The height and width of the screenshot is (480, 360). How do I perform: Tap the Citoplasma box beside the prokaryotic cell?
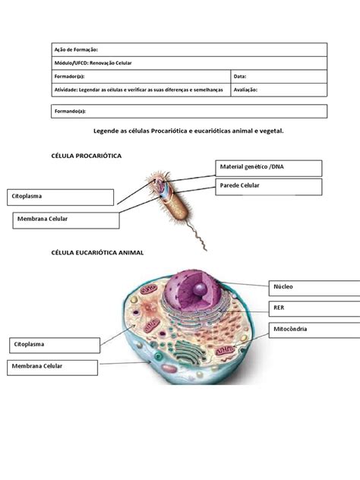point(61,197)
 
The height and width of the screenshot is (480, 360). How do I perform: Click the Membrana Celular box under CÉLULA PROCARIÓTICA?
point(66,219)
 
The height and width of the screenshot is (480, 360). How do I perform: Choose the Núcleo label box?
point(314,288)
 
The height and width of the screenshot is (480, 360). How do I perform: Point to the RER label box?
point(314,308)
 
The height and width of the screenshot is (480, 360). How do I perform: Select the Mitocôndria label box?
point(314,330)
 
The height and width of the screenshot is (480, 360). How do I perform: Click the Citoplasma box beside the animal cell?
point(53,345)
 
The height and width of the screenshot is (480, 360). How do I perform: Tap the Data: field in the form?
point(278,76)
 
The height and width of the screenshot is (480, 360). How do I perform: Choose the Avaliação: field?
point(278,89)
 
